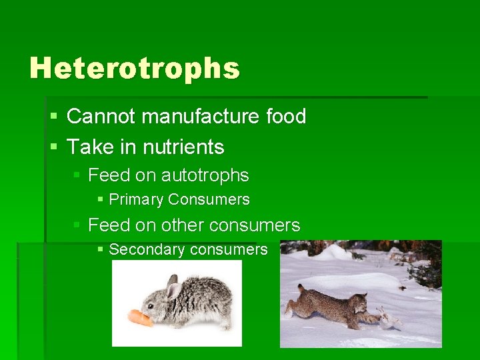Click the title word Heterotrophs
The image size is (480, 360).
click(x=134, y=68)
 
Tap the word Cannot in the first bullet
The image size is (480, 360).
click(x=101, y=117)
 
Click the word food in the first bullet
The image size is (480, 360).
click(x=286, y=117)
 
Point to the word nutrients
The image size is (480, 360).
click(x=186, y=147)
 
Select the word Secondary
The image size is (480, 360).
click(x=147, y=250)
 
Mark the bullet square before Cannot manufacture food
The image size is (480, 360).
click(x=53, y=117)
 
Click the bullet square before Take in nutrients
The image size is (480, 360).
click(x=53, y=147)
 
